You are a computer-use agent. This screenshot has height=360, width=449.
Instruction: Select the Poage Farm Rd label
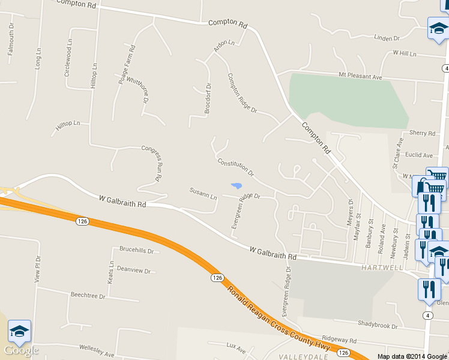click(127, 64)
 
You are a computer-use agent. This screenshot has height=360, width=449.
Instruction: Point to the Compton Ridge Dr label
click(242, 93)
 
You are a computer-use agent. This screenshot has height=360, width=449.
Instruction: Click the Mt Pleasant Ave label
click(360, 77)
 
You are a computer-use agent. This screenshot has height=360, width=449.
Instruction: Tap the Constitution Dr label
click(236, 167)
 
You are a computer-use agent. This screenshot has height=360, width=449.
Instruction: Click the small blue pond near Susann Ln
click(237, 185)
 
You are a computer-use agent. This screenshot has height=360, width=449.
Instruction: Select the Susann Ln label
click(203, 193)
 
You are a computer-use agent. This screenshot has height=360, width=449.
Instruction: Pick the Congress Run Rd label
click(151, 163)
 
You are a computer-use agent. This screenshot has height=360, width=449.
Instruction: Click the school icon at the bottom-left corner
click(19, 331)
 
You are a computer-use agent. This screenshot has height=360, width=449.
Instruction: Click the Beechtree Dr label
click(88, 296)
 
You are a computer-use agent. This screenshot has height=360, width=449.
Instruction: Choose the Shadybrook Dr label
click(378, 326)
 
